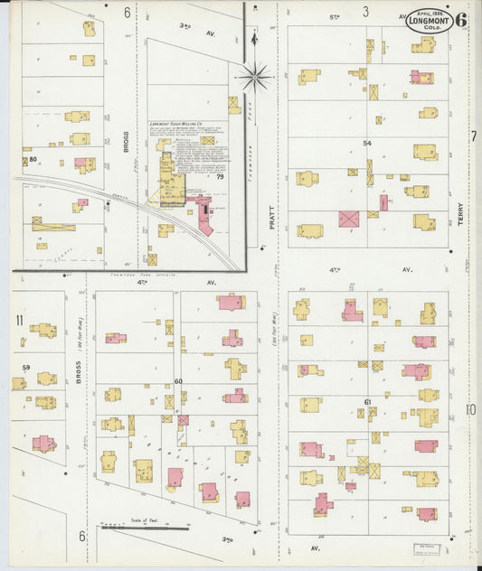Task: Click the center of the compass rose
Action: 254,77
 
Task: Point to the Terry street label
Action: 460,214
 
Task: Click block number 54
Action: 367,144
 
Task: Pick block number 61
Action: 368,402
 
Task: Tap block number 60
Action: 178,381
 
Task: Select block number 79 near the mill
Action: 220,177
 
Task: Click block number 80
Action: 33,160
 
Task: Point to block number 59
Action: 26,367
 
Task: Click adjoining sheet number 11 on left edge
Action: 19,320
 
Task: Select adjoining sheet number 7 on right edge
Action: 473,136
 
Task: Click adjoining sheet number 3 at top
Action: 366,12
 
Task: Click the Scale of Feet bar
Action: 145,526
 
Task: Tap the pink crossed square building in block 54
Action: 348,219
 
